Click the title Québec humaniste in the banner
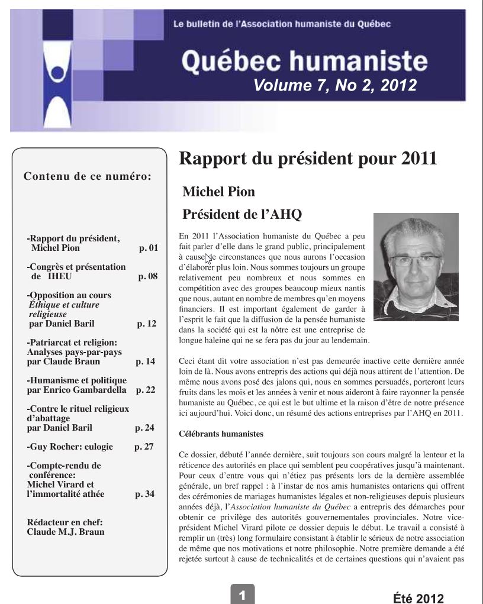(304, 61)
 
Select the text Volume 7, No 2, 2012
(334, 86)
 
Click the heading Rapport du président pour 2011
(308, 159)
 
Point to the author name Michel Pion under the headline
(218, 192)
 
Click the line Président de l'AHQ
(242, 214)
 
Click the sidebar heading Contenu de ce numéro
(87, 176)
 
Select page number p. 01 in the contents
(148, 248)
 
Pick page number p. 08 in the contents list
(147, 276)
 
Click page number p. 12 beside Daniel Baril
(146, 324)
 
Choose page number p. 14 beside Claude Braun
(145, 361)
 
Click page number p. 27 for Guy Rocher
(144, 447)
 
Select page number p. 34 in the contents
(145, 494)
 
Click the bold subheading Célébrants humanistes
(221, 434)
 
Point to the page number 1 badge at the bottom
(241, 593)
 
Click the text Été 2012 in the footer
(418, 597)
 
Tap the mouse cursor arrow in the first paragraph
(208, 258)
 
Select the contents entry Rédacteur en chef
(65, 522)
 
